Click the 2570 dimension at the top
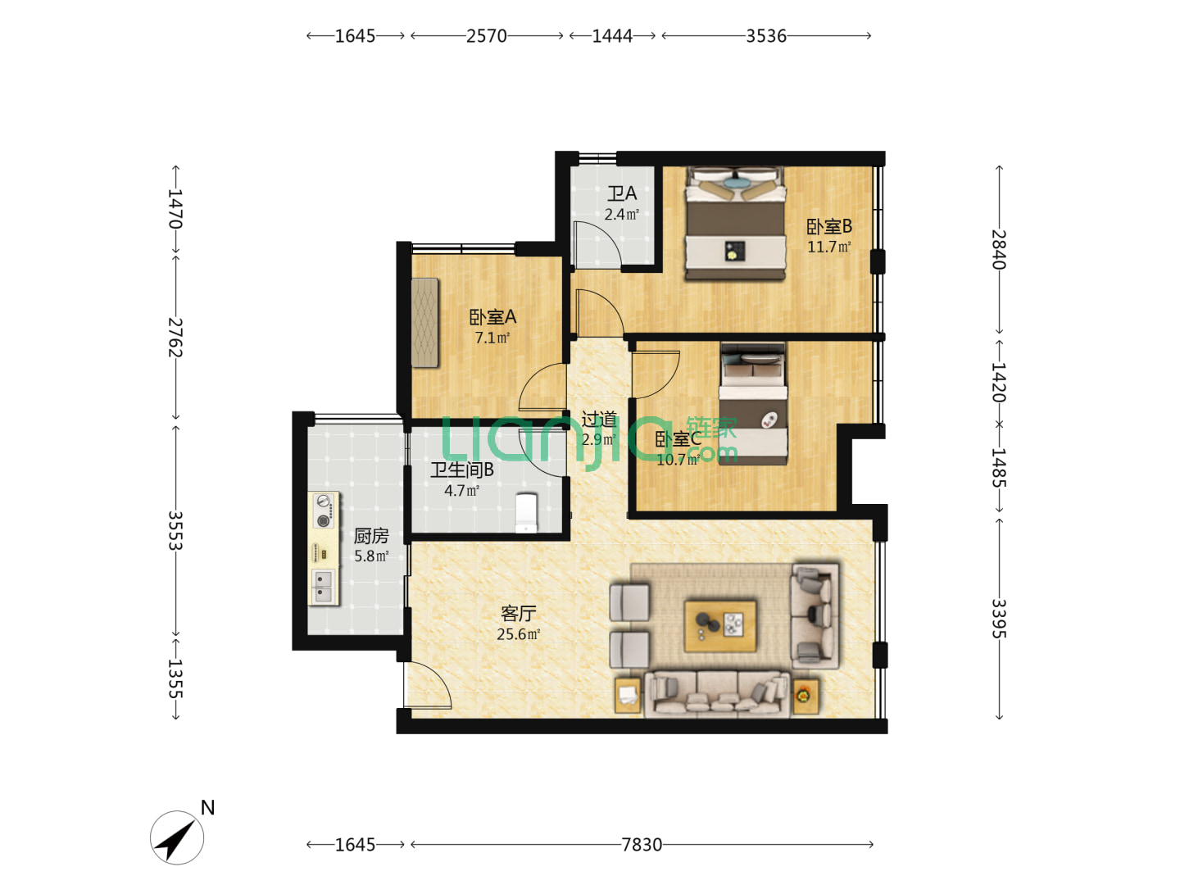click(x=486, y=36)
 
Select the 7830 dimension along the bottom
click(x=642, y=845)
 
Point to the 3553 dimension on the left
click(x=176, y=530)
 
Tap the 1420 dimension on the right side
click(x=998, y=382)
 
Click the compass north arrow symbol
click(x=177, y=837)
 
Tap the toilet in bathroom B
click(x=525, y=513)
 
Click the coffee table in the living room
click(x=719, y=626)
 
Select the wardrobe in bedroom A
click(x=424, y=322)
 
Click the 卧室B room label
click(x=829, y=226)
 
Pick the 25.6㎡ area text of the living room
click(x=518, y=634)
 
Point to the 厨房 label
click(x=371, y=536)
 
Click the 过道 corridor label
click(x=599, y=420)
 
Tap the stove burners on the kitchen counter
click(x=323, y=511)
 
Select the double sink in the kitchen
click(x=323, y=586)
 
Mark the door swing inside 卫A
click(x=597, y=243)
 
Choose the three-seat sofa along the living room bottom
click(x=716, y=694)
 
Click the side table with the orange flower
click(x=806, y=697)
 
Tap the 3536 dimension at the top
click(x=766, y=36)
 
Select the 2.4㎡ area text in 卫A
click(x=621, y=215)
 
